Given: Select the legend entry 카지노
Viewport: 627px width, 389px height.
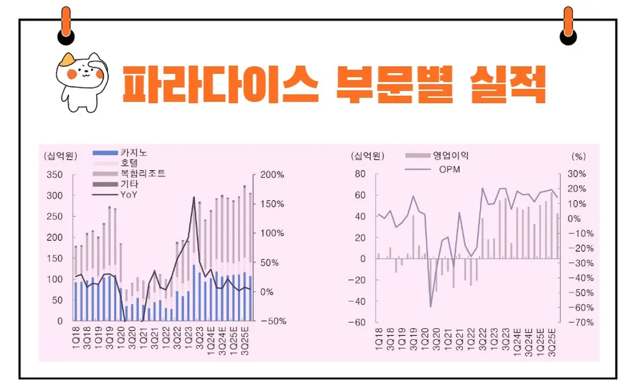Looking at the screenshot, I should point(134,153).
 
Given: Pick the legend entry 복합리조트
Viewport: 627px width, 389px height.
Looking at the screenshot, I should point(143,174).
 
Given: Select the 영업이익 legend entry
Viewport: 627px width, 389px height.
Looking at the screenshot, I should point(451,156).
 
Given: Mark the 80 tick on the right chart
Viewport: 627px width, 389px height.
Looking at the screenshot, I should point(360,175).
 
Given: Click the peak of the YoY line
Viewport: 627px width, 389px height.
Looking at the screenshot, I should point(193,197).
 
